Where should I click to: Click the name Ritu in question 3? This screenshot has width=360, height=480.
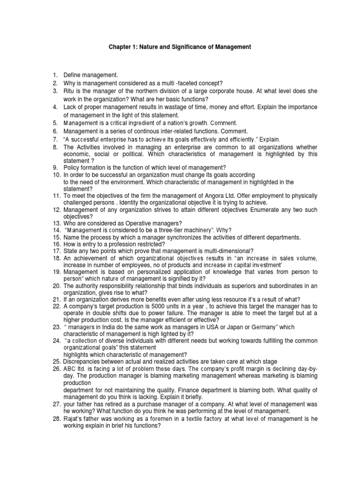point(69,91)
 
